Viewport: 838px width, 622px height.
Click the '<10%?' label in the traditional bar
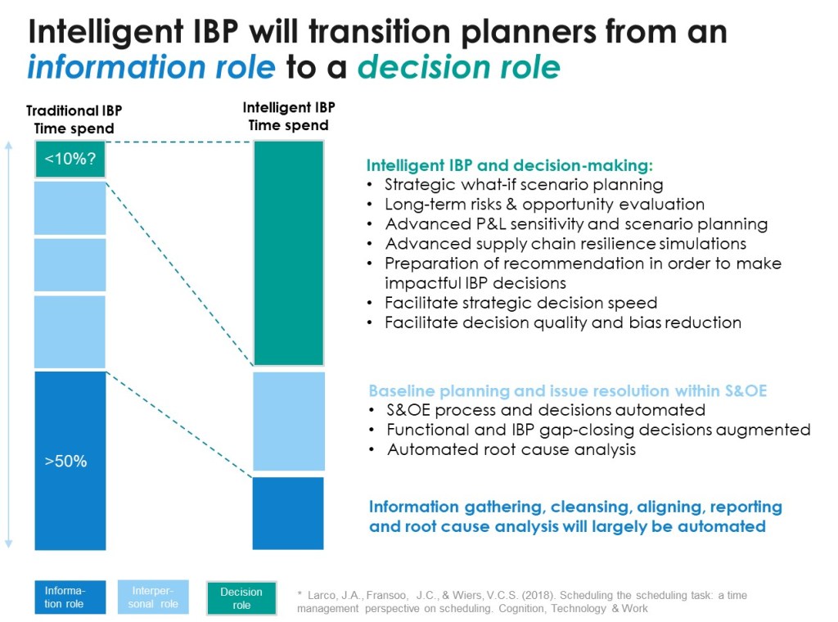coord(70,159)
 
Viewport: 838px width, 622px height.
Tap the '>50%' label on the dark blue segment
coord(65,461)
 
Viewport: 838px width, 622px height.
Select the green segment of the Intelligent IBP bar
coord(289,253)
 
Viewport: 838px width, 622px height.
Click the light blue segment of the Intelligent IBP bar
coord(289,421)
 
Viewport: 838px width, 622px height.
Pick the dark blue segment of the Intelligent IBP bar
coord(288,513)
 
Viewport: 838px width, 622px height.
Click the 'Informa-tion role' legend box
coord(70,597)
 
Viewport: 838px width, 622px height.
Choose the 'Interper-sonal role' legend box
coord(153,597)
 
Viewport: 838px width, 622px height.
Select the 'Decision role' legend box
coord(241,598)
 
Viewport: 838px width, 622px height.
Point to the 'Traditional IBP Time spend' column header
coord(74,119)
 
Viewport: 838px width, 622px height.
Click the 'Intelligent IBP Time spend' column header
coord(289,116)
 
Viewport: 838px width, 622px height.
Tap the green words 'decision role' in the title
coord(458,67)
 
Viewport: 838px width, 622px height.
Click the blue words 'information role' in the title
coord(151,67)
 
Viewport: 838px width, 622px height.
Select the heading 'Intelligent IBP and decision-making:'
coord(510,165)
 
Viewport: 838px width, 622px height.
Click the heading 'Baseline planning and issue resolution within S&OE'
coord(568,390)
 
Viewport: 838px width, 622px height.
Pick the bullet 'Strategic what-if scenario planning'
coord(524,185)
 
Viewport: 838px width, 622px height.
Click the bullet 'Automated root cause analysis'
coord(511,449)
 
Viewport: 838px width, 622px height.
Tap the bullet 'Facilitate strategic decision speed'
coord(521,303)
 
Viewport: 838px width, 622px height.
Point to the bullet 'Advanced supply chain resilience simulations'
coord(565,244)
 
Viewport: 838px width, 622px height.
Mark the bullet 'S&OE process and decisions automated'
coord(546,410)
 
